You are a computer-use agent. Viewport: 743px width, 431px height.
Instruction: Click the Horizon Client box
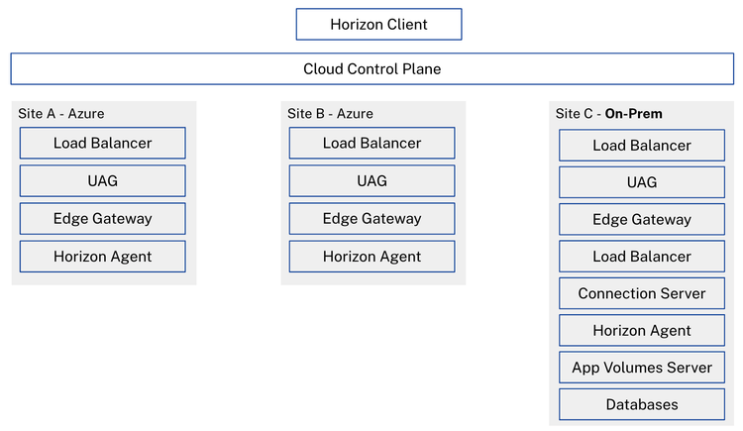point(379,24)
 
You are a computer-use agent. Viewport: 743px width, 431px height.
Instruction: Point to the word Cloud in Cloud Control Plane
point(324,69)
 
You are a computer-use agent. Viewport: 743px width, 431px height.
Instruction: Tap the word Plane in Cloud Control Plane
point(422,69)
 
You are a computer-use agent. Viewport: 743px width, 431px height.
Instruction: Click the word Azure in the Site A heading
point(86,114)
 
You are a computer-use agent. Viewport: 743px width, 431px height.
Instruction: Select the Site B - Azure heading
point(330,114)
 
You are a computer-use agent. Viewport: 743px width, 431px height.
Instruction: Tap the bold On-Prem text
point(634,114)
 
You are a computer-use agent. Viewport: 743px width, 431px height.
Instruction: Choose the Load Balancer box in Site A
point(103,143)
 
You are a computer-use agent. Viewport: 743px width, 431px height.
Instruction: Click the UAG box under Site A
point(103,180)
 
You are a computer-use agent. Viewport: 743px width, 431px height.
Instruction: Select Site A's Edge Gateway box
point(103,219)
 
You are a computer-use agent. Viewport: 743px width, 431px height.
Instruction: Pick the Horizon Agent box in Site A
point(103,257)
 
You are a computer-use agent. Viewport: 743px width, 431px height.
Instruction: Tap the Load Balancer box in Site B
point(371,143)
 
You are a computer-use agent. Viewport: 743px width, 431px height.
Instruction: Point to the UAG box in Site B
point(371,180)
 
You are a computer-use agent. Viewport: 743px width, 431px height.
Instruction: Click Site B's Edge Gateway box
point(371,219)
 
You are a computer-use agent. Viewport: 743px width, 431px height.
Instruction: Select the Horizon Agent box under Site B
point(371,257)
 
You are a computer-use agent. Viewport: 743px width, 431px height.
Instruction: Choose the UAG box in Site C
point(642,182)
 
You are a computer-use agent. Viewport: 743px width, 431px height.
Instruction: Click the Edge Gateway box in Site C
point(642,219)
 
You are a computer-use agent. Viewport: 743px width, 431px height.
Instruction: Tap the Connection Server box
point(642,293)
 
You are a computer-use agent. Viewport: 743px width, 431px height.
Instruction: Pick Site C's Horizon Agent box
point(642,331)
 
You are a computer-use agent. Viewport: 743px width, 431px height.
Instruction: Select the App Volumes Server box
point(642,368)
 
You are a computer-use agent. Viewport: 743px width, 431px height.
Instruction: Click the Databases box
point(642,404)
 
